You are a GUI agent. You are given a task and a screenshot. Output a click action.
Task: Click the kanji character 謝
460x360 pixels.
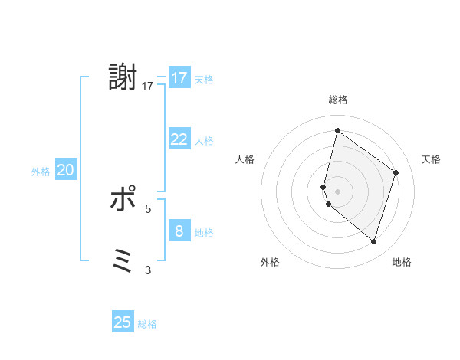coord(123,78)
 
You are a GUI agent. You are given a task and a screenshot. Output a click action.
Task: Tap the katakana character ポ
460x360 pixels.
coord(123,199)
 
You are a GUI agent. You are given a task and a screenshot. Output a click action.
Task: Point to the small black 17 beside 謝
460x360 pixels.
coord(148,87)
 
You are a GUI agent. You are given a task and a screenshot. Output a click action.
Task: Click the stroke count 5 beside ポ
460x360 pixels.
coord(148,208)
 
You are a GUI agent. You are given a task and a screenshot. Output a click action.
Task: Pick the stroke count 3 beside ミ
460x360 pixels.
coord(148,270)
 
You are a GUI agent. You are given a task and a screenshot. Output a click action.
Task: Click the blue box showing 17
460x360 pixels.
coord(179,78)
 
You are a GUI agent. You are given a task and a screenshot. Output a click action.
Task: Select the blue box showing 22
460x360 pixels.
coord(179,139)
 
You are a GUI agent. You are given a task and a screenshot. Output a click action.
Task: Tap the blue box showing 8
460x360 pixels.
coord(179,231)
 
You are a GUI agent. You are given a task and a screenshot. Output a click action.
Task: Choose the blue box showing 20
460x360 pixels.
coord(66,171)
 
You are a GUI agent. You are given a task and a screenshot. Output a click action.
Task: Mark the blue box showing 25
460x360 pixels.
coord(123,322)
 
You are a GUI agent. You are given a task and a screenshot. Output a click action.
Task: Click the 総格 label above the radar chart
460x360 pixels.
coord(337,100)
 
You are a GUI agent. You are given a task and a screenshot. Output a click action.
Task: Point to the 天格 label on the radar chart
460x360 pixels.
coord(431,159)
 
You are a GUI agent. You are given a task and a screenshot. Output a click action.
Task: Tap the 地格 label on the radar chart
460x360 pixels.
coord(402,263)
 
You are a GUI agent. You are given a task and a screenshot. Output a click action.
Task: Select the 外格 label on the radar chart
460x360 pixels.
coord(270,263)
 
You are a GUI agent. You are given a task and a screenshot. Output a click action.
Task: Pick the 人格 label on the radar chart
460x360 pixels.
coord(245,159)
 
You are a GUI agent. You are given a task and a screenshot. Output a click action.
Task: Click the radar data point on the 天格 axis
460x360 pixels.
coord(396,172)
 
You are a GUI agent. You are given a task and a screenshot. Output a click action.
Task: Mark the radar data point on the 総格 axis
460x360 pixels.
coord(337,130)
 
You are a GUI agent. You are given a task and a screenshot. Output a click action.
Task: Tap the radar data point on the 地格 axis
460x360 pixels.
coord(373,242)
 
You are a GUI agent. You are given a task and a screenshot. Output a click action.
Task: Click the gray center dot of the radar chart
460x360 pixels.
coord(337,191)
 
